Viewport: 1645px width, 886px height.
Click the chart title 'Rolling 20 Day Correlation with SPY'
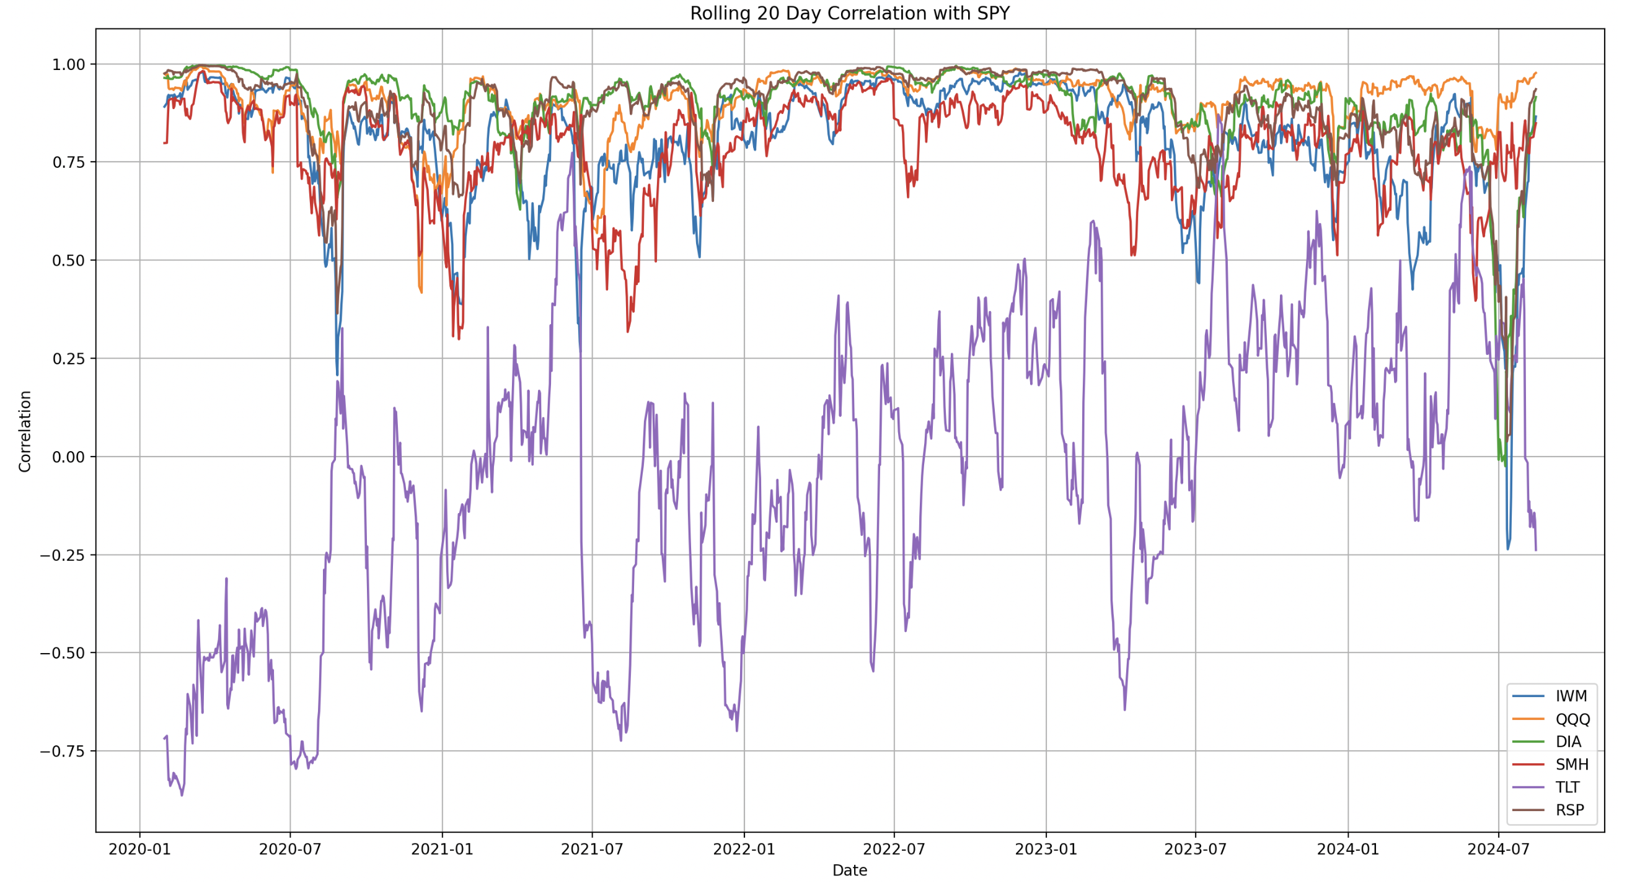click(849, 14)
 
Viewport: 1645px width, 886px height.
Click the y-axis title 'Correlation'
click(25, 431)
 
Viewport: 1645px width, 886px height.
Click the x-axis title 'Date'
click(849, 870)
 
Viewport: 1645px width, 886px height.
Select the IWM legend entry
click(1570, 696)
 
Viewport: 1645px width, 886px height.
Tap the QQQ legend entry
click(1572, 719)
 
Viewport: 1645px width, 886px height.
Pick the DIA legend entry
click(1568, 742)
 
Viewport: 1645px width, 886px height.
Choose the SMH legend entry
click(1572, 765)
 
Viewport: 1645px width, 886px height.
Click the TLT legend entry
click(1567, 787)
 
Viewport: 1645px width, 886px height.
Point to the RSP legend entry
click(1569, 810)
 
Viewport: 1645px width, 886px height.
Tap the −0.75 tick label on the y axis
click(63, 752)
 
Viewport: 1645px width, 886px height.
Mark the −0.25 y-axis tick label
click(63, 555)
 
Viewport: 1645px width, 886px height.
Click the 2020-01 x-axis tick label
click(140, 849)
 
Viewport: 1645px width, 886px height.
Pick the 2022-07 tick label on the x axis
click(894, 849)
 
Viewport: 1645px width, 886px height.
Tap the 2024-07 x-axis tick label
click(1498, 849)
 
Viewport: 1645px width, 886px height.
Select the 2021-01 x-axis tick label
click(442, 849)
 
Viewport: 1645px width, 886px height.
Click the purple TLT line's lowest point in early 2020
click(182, 795)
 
